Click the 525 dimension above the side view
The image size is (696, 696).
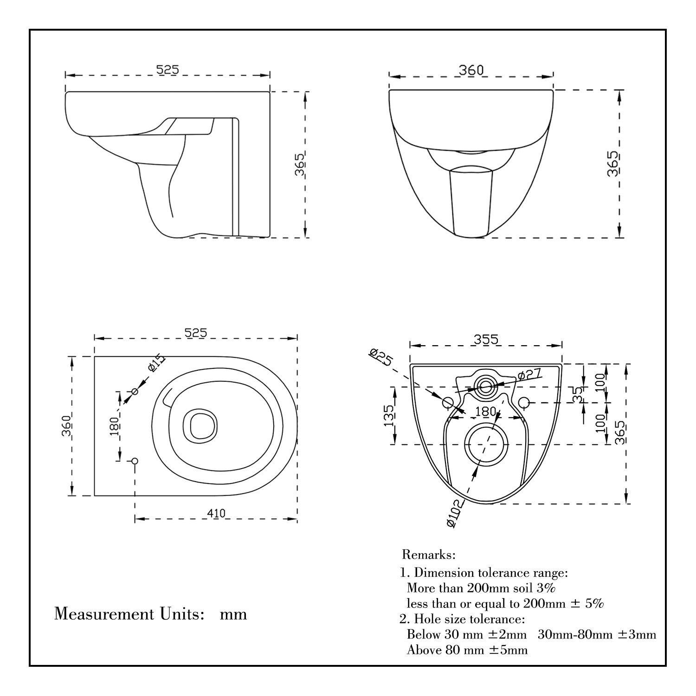click(x=167, y=69)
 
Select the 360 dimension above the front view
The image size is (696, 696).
click(x=471, y=70)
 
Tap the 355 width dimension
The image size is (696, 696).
click(x=486, y=339)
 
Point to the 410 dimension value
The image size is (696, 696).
click(x=216, y=513)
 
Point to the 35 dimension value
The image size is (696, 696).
click(x=577, y=394)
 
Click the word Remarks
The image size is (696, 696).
click(x=429, y=554)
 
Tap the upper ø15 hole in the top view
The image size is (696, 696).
click(x=135, y=392)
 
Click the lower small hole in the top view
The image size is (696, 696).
click(x=135, y=461)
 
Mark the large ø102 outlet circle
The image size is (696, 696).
click(x=486, y=444)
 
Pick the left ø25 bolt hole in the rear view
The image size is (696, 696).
click(x=448, y=402)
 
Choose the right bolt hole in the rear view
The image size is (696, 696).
click(x=524, y=402)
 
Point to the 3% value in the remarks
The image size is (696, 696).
click(x=546, y=588)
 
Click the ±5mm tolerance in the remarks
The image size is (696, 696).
click(x=509, y=650)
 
